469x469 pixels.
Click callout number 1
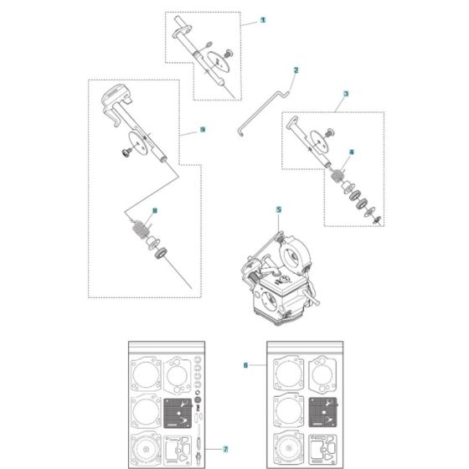264,18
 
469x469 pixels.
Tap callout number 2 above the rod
295,70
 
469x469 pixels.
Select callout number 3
346,96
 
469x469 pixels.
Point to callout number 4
352,152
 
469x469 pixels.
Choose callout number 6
245,365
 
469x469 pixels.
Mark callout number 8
154,210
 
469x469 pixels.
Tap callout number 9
202,131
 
